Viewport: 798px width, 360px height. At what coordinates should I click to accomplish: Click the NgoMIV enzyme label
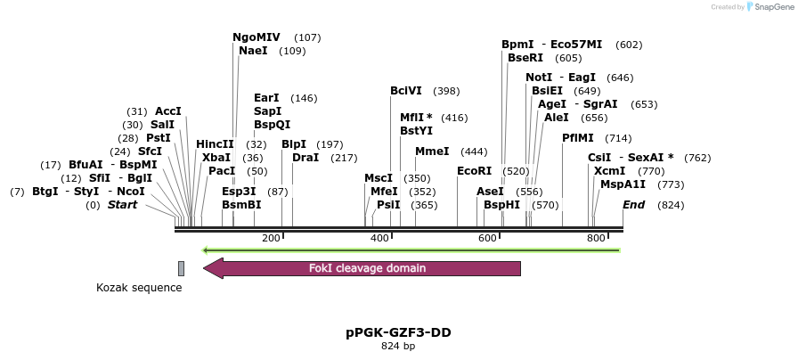pyautogui.click(x=256, y=37)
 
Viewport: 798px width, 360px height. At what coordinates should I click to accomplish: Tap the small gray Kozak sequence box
pyautogui.click(x=181, y=268)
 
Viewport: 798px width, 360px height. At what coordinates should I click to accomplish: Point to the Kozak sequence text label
pyautogui.click(x=139, y=288)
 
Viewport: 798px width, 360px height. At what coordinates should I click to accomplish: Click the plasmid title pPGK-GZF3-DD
pyautogui.click(x=398, y=332)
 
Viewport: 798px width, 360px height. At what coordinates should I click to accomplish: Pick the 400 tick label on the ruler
pyautogui.click(x=380, y=238)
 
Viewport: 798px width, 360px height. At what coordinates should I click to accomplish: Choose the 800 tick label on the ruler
pyautogui.click(x=596, y=238)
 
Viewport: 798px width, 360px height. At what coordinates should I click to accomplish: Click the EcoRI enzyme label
pyautogui.click(x=474, y=171)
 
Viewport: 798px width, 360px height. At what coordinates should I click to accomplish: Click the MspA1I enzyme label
pyautogui.click(x=623, y=184)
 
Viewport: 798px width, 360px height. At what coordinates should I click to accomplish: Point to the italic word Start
pyautogui.click(x=123, y=205)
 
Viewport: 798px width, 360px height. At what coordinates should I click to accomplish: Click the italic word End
pyautogui.click(x=633, y=205)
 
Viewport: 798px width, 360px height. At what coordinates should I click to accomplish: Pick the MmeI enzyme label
pyautogui.click(x=432, y=151)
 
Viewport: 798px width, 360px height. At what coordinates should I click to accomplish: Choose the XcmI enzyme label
pyautogui.click(x=610, y=171)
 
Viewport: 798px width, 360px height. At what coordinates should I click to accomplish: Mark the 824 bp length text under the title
pyautogui.click(x=398, y=346)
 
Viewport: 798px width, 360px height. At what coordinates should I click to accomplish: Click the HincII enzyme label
pyautogui.click(x=215, y=144)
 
